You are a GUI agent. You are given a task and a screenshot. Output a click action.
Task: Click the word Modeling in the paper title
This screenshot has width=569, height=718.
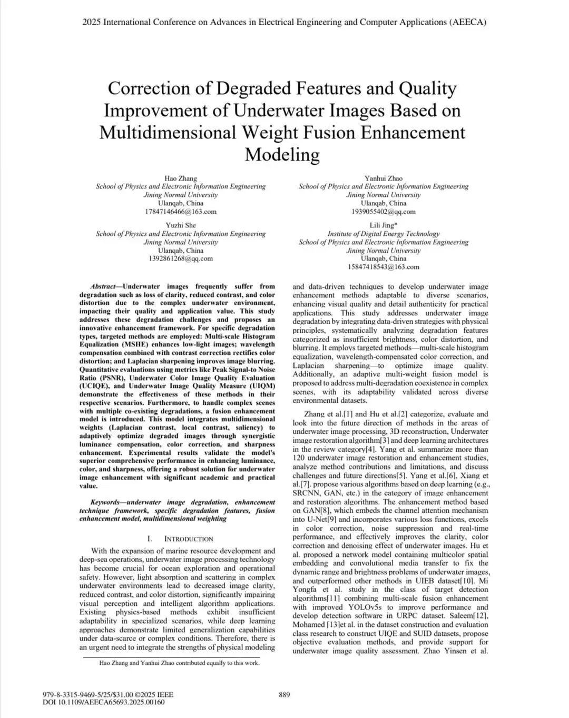[x=282, y=154]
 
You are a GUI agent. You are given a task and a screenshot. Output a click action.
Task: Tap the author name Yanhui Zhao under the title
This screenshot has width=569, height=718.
[x=383, y=178]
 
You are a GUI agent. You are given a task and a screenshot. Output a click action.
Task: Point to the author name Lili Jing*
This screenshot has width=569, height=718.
[x=383, y=225]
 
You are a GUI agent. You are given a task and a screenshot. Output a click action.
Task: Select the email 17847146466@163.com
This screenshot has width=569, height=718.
[x=181, y=212]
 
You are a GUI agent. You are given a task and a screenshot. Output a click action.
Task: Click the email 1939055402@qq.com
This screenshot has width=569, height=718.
[x=383, y=212]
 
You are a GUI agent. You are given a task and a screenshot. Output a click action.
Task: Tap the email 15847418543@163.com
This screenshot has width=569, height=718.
[x=383, y=267]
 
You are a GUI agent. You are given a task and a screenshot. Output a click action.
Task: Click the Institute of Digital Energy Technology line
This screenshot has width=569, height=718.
[x=383, y=234]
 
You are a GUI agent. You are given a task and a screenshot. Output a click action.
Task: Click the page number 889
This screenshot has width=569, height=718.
[x=284, y=694]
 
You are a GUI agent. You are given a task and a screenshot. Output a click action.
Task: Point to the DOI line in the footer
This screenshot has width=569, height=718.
[x=103, y=702]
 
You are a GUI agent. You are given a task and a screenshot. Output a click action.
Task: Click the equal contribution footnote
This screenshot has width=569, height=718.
[x=179, y=663]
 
